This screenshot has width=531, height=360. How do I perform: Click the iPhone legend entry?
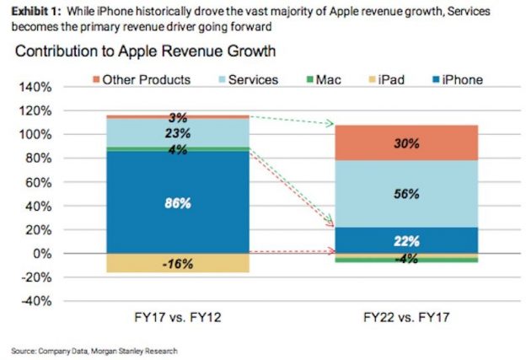tap(454, 80)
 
